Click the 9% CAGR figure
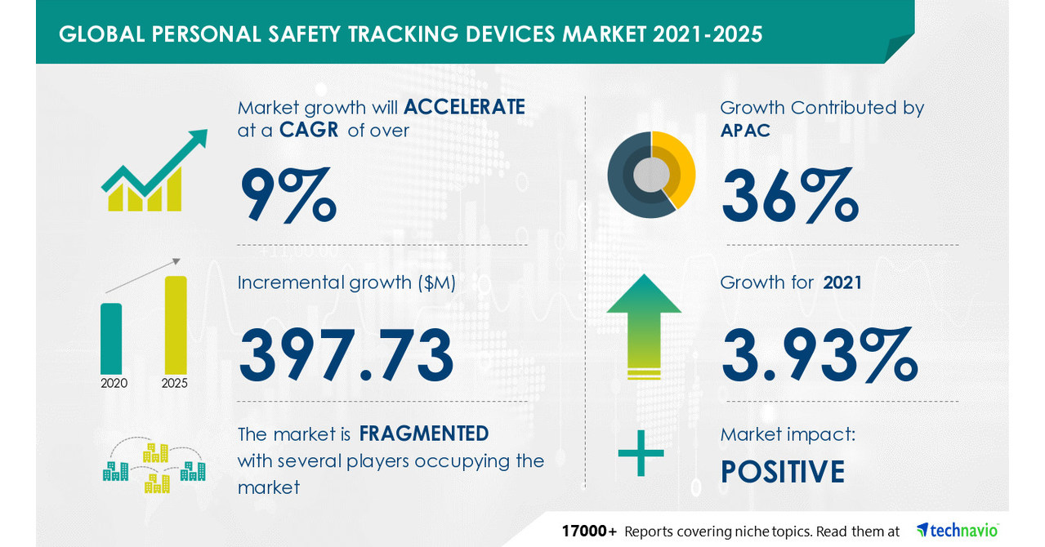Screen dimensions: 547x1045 (x=287, y=196)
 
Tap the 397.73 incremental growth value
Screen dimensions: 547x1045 (x=346, y=355)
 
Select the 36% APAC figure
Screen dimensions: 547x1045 (x=789, y=196)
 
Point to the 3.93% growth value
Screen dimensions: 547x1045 (x=819, y=355)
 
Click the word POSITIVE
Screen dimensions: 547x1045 (x=782, y=473)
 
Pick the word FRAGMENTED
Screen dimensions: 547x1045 (x=424, y=434)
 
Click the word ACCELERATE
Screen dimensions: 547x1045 (x=463, y=107)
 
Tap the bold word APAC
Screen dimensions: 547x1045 (x=745, y=131)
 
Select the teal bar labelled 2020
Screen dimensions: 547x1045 (x=111, y=337)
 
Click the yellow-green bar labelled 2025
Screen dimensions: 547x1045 (x=175, y=324)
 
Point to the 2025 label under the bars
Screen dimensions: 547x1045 (x=175, y=382)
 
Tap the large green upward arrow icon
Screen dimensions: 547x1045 (x=644, y=325)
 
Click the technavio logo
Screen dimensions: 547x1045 (x=958, y=530)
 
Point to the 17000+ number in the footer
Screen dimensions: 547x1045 (x=589, y=531)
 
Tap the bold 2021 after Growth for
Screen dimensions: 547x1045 (x=842, y=283)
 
